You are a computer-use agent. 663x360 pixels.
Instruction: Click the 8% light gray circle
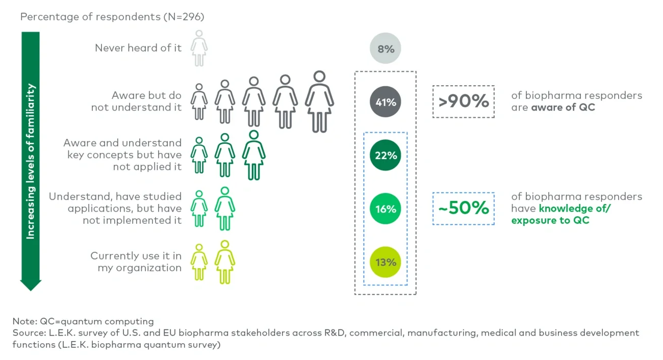(x=386, y=49)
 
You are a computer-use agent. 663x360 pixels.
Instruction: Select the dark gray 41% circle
(x=386, y=102)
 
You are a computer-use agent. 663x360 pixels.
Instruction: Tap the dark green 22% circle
(x=386, y=156)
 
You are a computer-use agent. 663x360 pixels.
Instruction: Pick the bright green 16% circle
(x=386, y=209)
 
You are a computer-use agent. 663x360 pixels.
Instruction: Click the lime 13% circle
(x=386, y=262)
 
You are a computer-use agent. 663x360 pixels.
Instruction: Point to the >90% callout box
(x=463, y=101)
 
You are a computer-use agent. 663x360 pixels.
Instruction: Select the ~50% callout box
(x=463, y=208)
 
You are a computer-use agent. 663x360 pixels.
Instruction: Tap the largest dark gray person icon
(x=319, y=102)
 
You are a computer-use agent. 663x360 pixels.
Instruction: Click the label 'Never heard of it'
(x=138, y=48)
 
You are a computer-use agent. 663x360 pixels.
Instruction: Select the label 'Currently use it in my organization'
(x=136, y=262)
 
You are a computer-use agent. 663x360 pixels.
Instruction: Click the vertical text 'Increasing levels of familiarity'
(x=31, y=161)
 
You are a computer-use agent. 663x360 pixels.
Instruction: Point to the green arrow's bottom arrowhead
(x=31, y=285)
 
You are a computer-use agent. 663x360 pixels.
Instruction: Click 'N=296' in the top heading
(x=183, y=17)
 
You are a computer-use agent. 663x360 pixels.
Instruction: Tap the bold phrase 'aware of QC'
(x=563, y=107)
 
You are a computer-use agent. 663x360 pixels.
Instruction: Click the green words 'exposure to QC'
(x=550, y=220)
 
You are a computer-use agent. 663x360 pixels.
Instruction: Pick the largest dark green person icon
(x=253, y=155)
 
